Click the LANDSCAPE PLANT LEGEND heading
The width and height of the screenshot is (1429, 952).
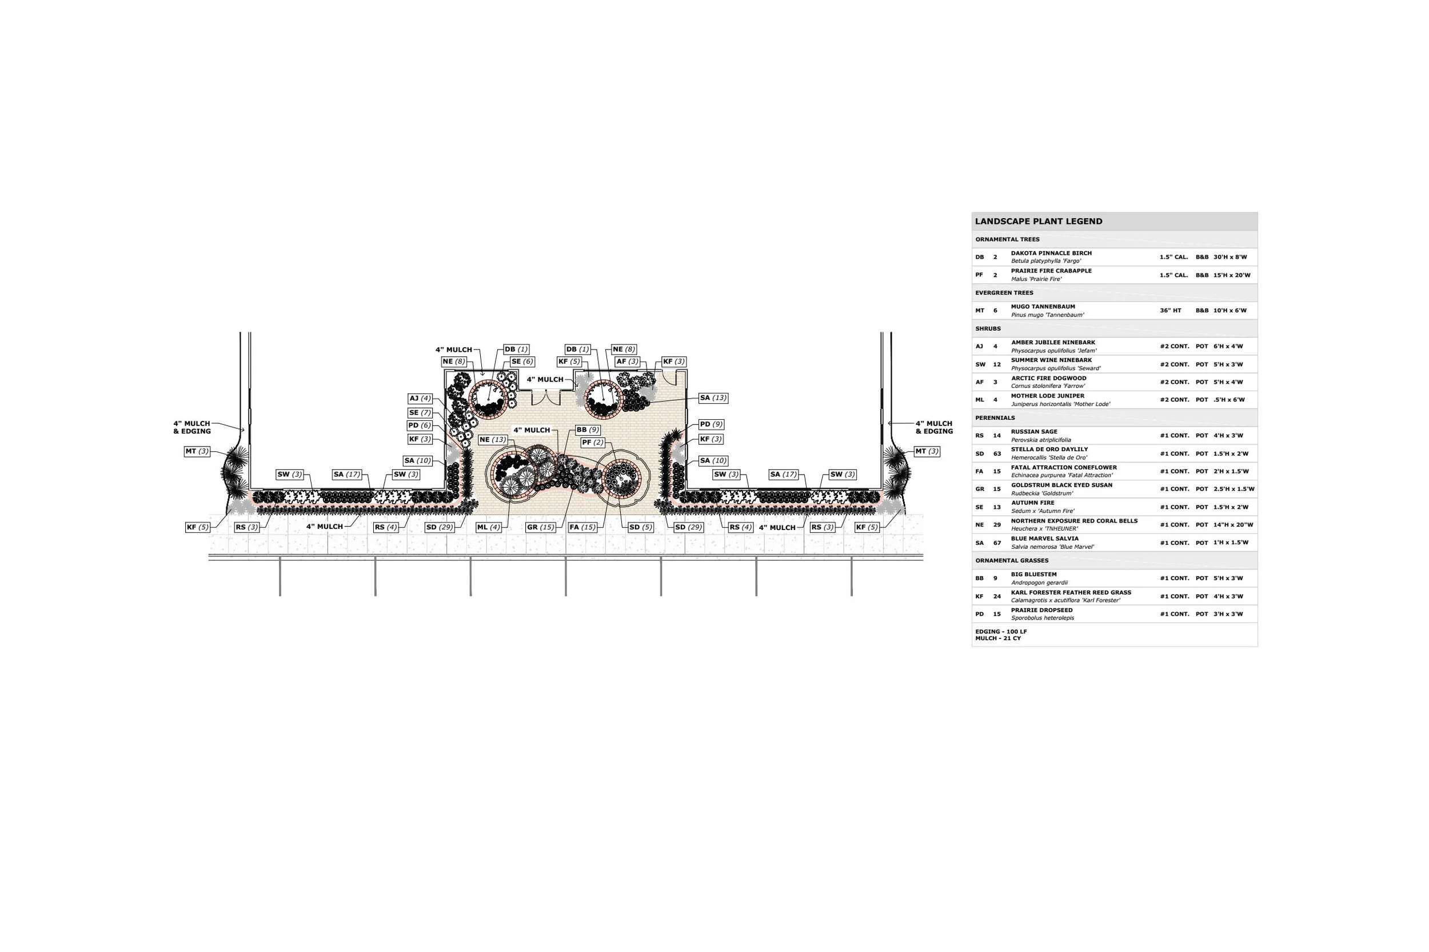coord(1039,222)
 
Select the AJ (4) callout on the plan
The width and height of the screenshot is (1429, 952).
coord(420,399)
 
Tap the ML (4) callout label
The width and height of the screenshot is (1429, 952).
coord(489,527)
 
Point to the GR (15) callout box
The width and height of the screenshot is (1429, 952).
coord(541,527)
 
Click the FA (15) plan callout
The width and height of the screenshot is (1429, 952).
coord(582,527)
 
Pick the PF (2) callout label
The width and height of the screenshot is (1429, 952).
coord(592,443)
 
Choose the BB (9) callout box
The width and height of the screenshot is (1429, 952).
coord(588,430)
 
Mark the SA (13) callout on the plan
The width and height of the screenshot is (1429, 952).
coord(713,398)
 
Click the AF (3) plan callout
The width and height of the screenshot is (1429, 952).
coord(628,362)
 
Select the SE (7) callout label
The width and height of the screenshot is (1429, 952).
coord(420,413)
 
